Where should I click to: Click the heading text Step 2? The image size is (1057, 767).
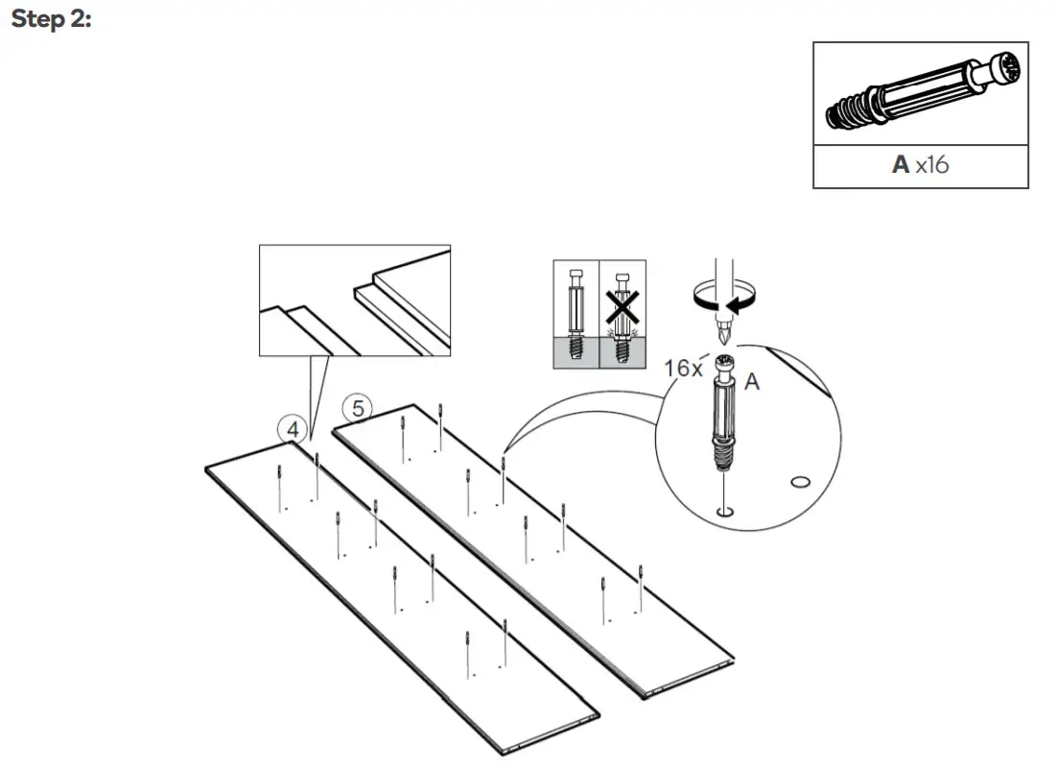[x=51, y=20]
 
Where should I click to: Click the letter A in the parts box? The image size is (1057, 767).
[x=900, y=164]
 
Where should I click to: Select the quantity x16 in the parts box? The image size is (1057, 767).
[x=931, y=164]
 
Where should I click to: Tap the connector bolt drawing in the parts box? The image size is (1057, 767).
[x=920, y=93]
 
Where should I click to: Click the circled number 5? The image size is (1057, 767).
[x=358, y=408]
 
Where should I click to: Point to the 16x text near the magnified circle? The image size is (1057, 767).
[x=684, y=368]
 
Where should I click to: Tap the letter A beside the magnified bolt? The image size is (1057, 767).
[x=753, y=381]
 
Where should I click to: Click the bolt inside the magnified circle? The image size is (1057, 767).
[x=725, y=413]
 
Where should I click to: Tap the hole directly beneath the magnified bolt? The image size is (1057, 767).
[x=725, y=511]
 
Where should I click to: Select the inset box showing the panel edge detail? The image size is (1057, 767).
[x=354, y=300]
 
